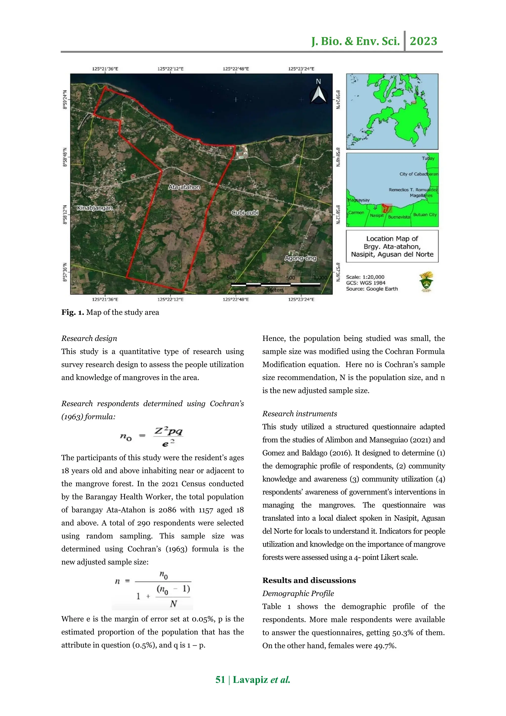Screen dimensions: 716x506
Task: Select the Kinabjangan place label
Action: point(95,208)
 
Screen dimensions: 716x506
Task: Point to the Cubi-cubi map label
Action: point(245,213)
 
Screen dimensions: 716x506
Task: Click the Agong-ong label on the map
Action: point(300,258)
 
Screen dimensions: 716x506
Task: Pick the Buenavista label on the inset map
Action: point(399,217)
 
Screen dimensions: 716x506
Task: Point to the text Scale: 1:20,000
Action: point(365,277)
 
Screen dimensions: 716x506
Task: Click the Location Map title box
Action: point(392,246)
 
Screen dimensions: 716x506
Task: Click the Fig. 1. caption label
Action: point(73,313)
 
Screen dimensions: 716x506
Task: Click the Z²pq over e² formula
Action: point(168,437)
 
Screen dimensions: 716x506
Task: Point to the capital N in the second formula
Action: point(173,604)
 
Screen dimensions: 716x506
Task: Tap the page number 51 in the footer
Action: point(220,680)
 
